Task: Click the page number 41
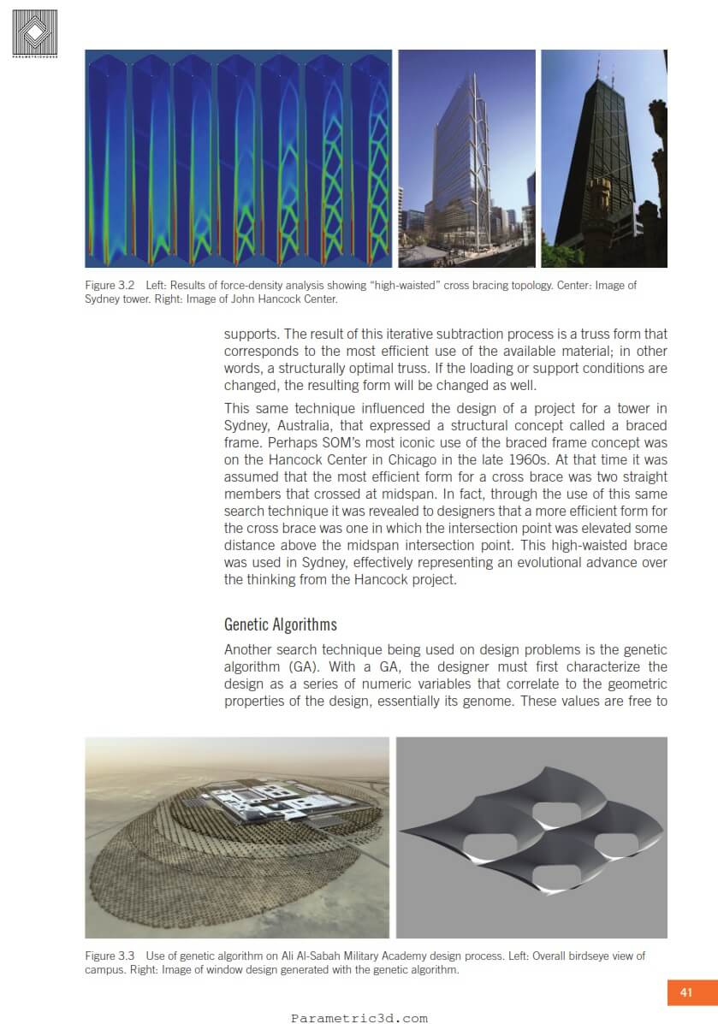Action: coord(685,992)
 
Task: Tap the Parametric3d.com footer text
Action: coord(359,1018)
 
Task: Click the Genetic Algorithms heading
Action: coord(280,624)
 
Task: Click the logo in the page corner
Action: coord(35,33)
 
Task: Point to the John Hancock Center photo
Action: coord(603,158)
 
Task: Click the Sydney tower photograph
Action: coord(466,158)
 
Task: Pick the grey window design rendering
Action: coord(531,838)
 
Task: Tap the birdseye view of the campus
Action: coord(237,838)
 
